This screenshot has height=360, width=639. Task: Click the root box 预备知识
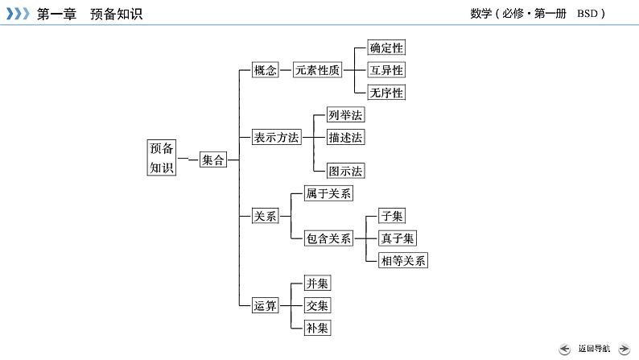point(161,158)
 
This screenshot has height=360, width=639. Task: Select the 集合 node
point(213,160)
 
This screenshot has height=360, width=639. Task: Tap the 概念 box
point(265,70)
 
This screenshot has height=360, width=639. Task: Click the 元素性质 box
point(317,70)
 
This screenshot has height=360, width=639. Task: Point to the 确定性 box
point(385,48)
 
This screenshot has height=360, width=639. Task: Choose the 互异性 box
point(385,70)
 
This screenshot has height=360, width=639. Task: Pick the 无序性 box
point(385,93)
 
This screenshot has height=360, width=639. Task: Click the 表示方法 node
point(276,138)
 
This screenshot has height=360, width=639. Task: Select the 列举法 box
point(345,115)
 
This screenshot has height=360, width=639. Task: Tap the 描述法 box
point(345,138)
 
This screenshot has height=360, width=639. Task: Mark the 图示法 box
point(345,171)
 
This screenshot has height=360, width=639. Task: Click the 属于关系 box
point(328,193)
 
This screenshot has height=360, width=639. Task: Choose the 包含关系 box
point(328,238)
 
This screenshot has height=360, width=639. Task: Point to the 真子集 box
point(398,238)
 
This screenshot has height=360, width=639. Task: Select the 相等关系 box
point(403,260)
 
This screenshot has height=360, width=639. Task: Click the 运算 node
point(265,305)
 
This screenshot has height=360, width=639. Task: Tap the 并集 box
point(317,283)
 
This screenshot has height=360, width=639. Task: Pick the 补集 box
point(317,328)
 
